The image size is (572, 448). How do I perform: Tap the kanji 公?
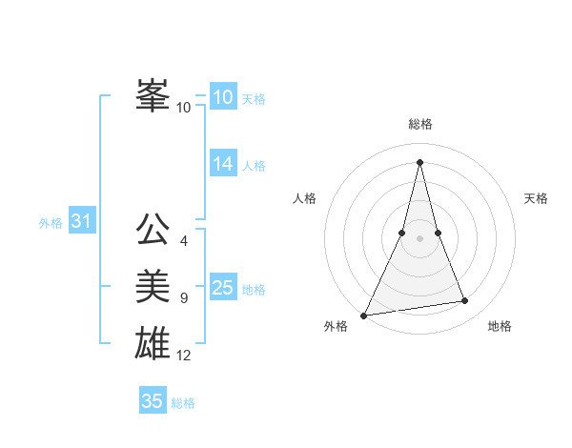click(x=153, y=230)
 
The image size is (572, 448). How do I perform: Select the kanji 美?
click(x=153, y=285)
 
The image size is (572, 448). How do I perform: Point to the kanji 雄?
click(x=153, y=342)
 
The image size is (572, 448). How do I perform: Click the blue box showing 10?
click(x=222, y=97)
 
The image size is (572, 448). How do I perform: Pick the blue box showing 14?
click(x=222, y=164)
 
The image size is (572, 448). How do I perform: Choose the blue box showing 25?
click(x=222, y=288)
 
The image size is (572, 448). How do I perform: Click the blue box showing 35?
click(x=152, y=401)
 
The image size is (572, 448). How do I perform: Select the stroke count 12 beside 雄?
click(x=184, y=356)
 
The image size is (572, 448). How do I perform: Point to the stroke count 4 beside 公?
click(x=184, y=241)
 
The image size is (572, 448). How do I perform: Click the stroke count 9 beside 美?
click(x=184, y=298)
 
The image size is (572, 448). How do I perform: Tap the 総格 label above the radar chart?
click(x=419, y=124)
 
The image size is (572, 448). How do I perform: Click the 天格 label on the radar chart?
click(x=536, y=198)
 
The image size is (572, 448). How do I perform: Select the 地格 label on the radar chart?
click(x=500, y=327)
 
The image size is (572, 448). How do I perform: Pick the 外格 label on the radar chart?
click(x=336, y=327)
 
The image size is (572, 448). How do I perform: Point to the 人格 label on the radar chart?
click(x=304, y=198)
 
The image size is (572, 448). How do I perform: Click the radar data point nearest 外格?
click(x=364, y=315)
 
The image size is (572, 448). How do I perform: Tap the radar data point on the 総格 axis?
click(x=419, y=162)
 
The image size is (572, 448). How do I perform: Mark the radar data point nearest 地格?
click(x=465, y=301)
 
